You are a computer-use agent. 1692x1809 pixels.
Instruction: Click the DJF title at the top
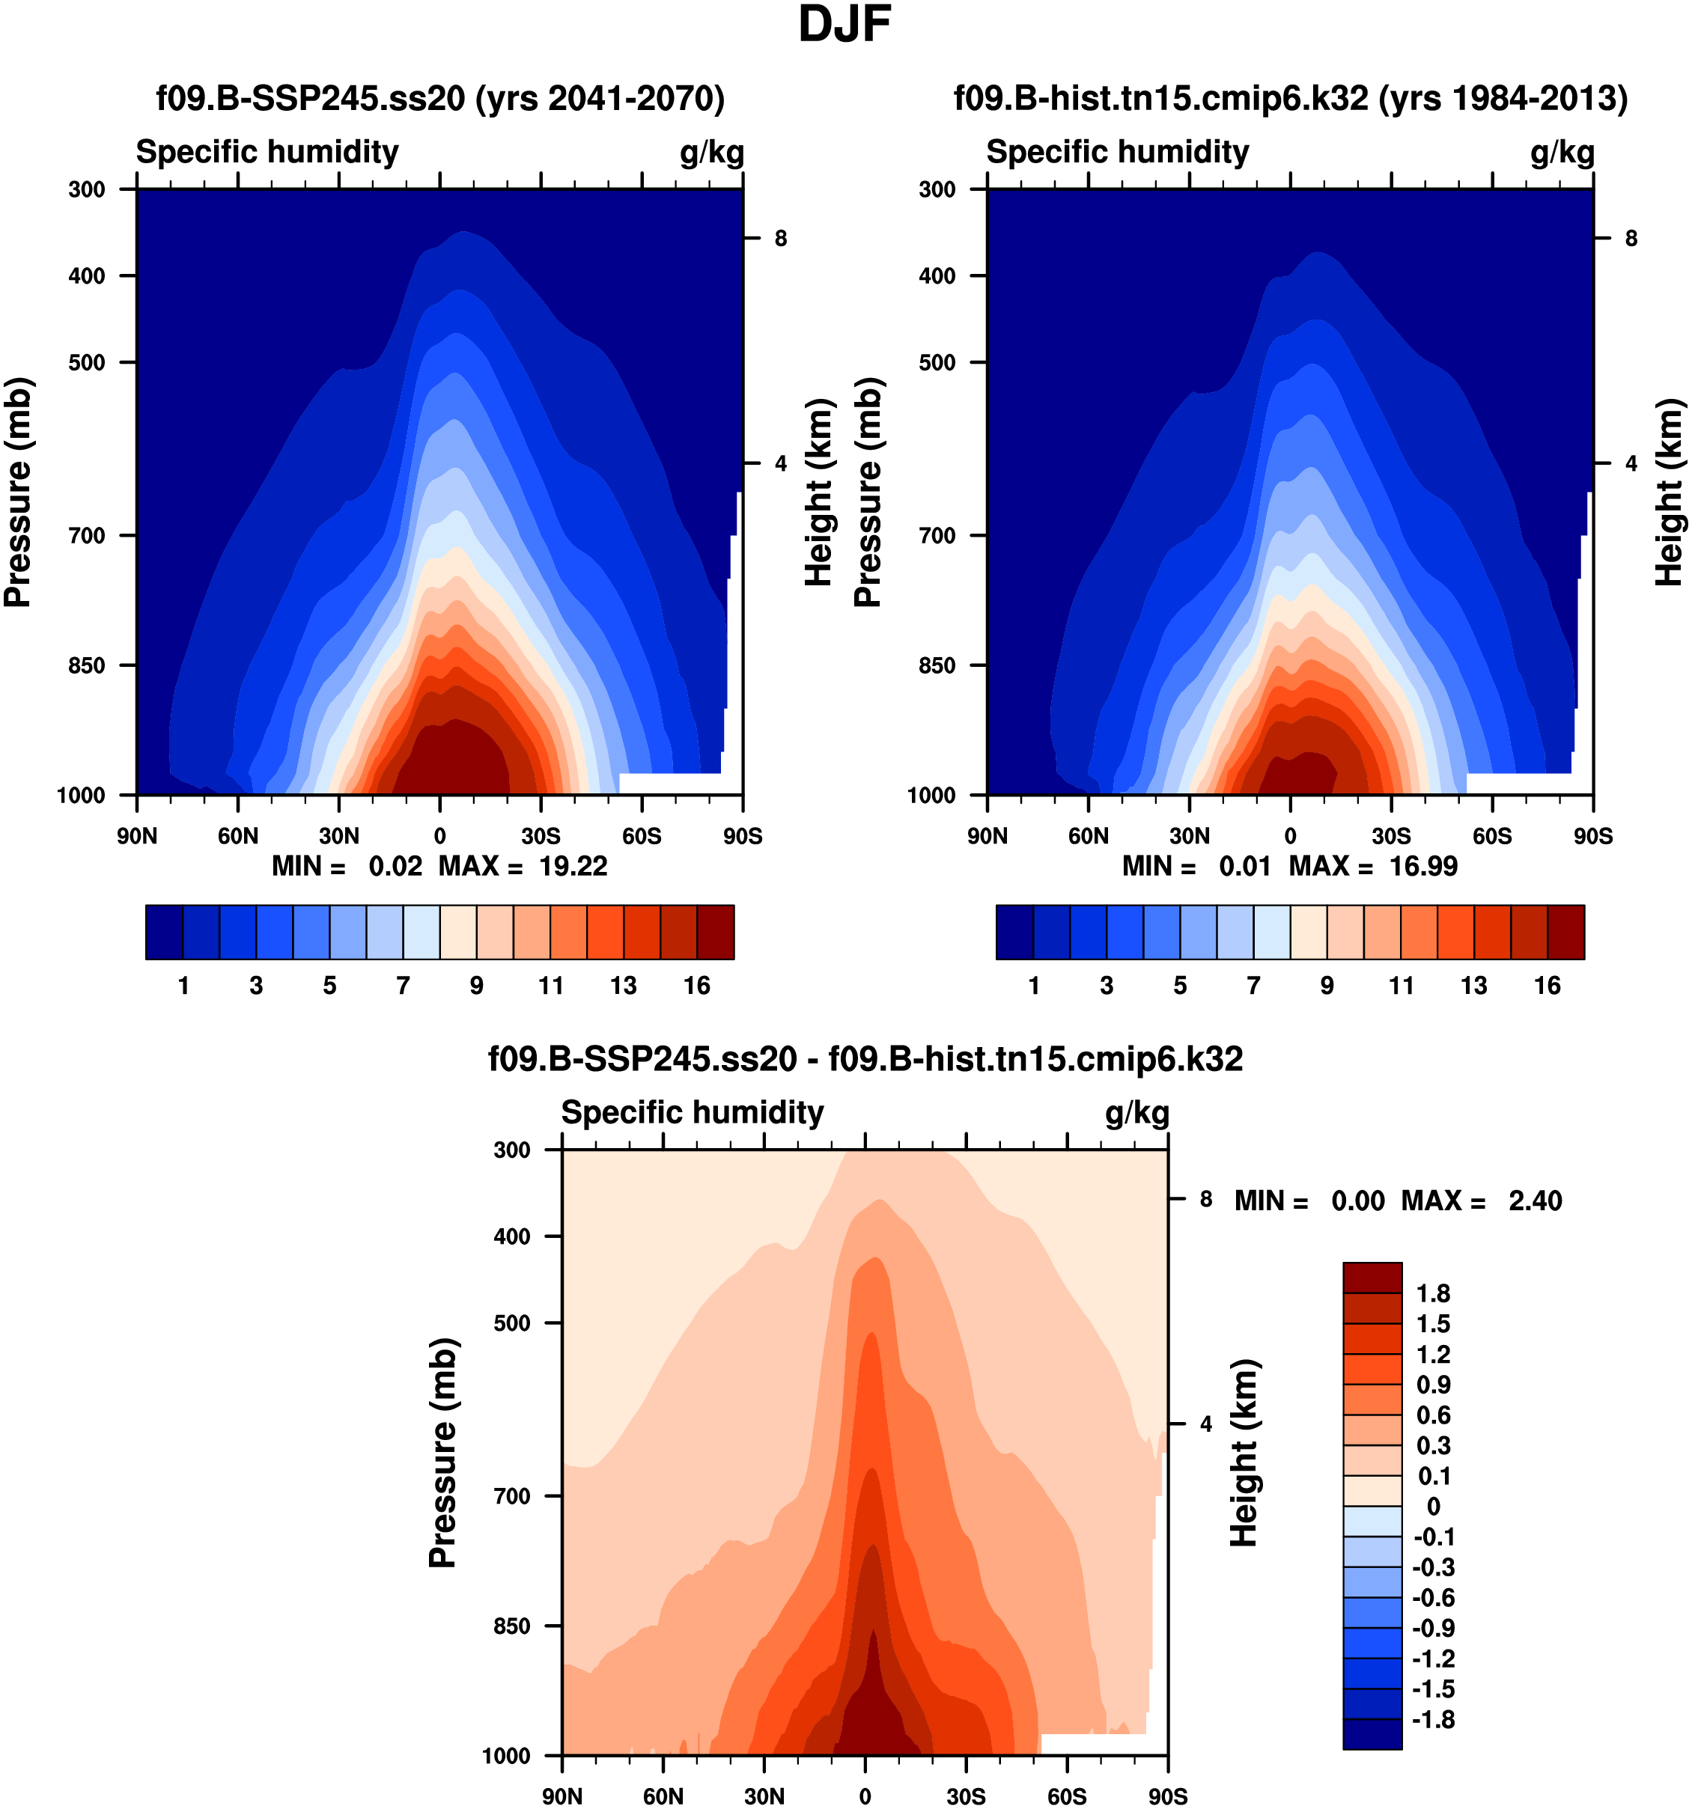(844, 25)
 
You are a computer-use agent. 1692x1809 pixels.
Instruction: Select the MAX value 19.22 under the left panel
(573, 866)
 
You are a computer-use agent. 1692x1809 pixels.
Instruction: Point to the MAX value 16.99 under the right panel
(1422, 866)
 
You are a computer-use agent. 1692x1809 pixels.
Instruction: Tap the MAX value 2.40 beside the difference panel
(1535, 1201)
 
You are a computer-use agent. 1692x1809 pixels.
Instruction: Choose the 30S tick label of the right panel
(1391, 836)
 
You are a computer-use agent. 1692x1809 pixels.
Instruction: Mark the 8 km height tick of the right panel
(1631, 239)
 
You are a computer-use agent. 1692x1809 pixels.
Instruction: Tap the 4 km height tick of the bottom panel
(1206, 1424)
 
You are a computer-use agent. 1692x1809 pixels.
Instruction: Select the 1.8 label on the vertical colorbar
(1433, 1294)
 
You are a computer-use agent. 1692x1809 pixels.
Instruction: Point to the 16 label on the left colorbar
(697, 986)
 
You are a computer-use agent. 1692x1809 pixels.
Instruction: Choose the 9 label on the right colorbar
(1327, 986)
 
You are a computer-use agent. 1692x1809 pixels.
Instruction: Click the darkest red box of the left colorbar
(716, 932)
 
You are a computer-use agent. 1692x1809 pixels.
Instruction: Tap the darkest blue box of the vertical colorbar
(1372, 1733)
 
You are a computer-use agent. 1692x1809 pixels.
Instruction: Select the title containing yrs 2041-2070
(440, 97)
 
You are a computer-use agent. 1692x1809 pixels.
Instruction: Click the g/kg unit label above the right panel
(1562, 152)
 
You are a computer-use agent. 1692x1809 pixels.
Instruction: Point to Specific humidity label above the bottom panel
(692, 1112)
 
